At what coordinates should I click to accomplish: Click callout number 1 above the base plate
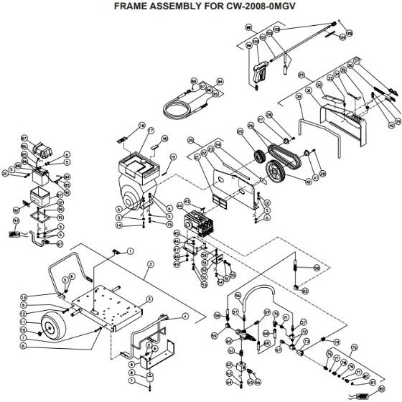coord(131,251)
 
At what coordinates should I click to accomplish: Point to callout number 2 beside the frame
coord(150,264)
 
